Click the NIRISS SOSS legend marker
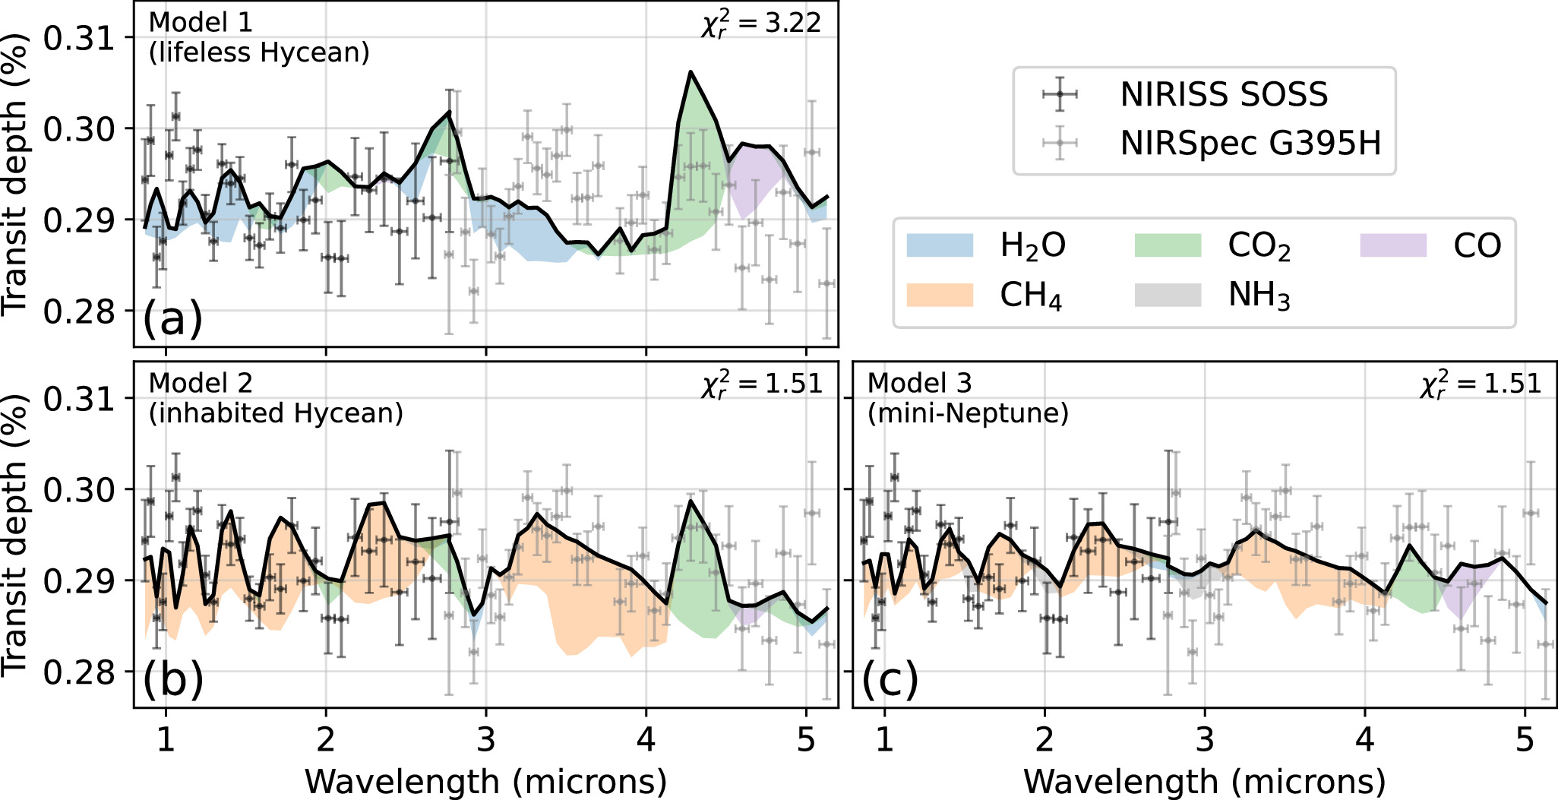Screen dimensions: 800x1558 click(x=1060, y=95)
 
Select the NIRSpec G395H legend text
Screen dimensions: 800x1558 click(x=1250, y=144)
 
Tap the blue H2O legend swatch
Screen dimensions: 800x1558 click(x=940, y=245)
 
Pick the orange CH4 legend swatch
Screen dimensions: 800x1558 click(x=940, y=295)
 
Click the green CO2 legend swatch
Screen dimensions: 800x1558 click(x=1168, y=245)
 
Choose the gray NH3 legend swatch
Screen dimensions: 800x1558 click(x=1168, y=295)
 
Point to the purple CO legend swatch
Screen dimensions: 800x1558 click(x=1393, y=245)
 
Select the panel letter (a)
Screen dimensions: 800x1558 click(x=173, y=318)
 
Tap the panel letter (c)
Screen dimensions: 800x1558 click(x=890, y=678)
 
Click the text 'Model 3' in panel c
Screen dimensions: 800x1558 click(x=919, y=383)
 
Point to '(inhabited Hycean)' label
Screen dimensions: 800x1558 click(x=276, y=413)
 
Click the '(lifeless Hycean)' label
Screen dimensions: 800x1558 click(x=259, y=52)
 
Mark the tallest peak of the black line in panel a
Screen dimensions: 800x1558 click(x=691, y=72)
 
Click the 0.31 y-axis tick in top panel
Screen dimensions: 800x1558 click(x=78, y=37)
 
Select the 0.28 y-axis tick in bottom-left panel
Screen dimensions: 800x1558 click(x=78, y=672)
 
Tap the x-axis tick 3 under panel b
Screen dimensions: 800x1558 click(x=486, y=739)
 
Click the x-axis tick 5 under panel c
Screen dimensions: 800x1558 click(x=1525, y=739)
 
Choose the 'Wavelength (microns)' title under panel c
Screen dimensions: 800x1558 click(x=1204, y=781)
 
